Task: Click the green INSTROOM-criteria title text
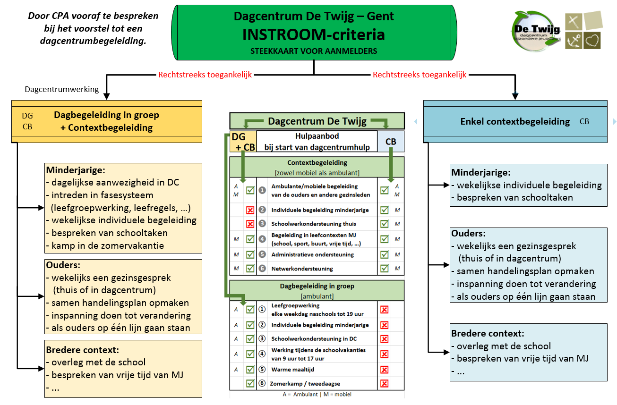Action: click(313, 34)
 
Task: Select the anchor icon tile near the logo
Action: click(574, 41)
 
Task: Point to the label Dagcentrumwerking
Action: click(62, 89)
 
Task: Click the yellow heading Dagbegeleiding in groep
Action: click(106, 115)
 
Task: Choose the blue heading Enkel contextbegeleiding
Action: click(515, 122)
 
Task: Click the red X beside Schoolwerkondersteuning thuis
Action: click(250, 224)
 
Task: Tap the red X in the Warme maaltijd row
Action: click(384, 370)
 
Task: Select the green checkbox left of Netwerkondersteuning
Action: click(250, 268)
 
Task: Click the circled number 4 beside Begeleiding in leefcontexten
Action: click(262, 239)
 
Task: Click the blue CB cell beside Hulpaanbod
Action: click(391, 142)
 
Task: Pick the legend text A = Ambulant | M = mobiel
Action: click(317, 394)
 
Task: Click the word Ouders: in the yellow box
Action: click(63, 265)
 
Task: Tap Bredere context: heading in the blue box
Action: click(488, 333)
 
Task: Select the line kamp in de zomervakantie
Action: click(105, 245)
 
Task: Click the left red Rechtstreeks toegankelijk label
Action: click(205, 75)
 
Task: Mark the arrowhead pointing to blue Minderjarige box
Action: click(447, 185)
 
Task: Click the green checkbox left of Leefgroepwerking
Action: click(250, 310)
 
